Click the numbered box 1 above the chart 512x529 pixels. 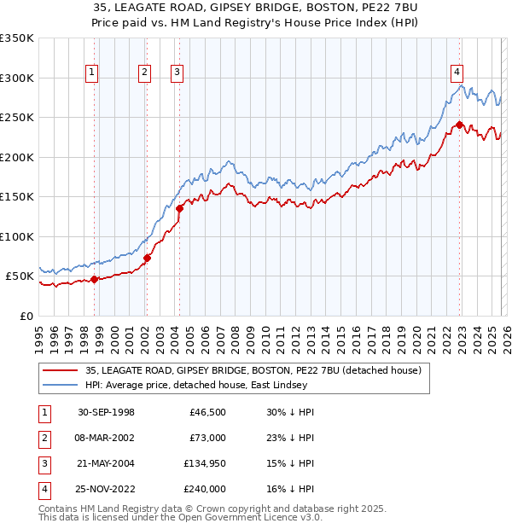click(x=91, y=73)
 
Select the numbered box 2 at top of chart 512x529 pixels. click(x=145, y=73)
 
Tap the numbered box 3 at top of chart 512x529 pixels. click(x=177, y=73)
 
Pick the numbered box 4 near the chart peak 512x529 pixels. click(x=457, y=72)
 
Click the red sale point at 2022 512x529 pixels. click(x=459, y=125)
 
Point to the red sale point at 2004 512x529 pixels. click(x=179, y=207)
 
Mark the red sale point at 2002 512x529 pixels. click(x=147, y=257)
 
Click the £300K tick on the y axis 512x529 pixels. click(x=17, y=78)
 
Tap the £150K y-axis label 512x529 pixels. click(x=17, y=197)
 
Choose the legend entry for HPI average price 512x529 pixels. click(x=256, y=386)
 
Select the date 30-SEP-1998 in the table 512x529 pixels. click(x=106, y=412)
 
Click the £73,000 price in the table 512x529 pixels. click(x=207, y=438)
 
